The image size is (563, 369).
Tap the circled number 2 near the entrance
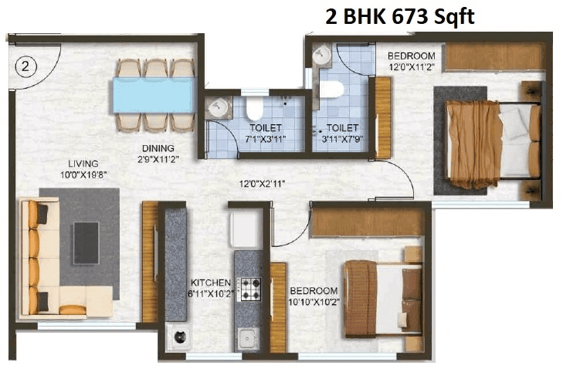point(25,67)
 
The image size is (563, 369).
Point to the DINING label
point(157,148)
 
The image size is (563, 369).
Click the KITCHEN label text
point(211,283)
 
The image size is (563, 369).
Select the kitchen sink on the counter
point(247,337)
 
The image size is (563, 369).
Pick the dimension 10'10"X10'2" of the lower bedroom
point(314,302)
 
